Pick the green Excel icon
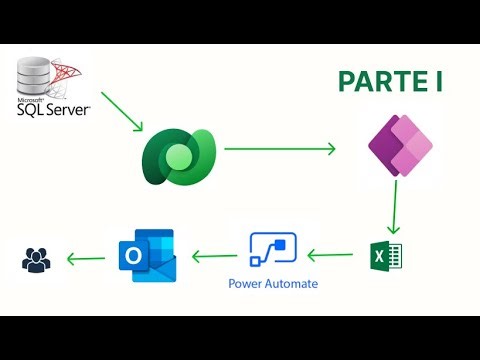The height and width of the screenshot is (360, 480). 384,257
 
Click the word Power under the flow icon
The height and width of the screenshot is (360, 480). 248,284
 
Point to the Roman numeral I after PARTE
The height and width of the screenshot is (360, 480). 437,81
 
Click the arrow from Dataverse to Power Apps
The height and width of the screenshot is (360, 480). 280,149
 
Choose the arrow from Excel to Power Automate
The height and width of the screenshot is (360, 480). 333,255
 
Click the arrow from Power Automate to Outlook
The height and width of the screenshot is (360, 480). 213,255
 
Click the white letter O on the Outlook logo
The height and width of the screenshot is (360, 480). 133,258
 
